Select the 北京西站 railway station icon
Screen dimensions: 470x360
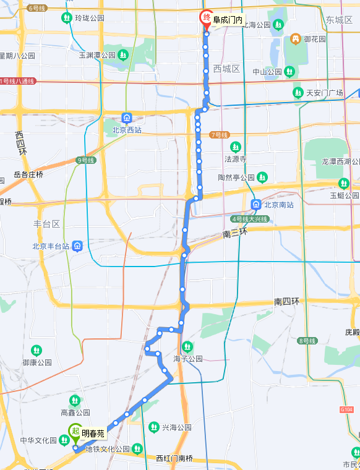[x=127, y=117]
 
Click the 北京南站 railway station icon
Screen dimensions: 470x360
[x=255, y=205]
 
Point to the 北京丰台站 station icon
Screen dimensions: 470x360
[x=77, y=246]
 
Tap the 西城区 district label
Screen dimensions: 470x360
[x=226, y=69]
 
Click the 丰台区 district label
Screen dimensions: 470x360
[x=46, y=223]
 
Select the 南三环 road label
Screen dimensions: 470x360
[x=234, y=234]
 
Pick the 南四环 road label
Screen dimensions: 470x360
[x=286, y=301]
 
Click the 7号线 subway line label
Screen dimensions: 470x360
[x=220, y=134]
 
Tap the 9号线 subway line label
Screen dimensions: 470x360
[x=86, y=160]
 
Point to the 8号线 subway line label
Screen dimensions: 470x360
[x=307, y=340]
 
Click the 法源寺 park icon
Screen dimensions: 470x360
[x=235, y=147]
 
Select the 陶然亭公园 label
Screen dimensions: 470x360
[x=236, y=177]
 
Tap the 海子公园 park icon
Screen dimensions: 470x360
[x=187, y=346]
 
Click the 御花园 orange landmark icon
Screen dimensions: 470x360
[x=296, y=39]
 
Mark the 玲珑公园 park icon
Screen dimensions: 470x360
[x=66, y=18]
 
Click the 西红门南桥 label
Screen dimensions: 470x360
[x=174, y=458]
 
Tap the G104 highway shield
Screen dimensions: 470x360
[x=346, y=409]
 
